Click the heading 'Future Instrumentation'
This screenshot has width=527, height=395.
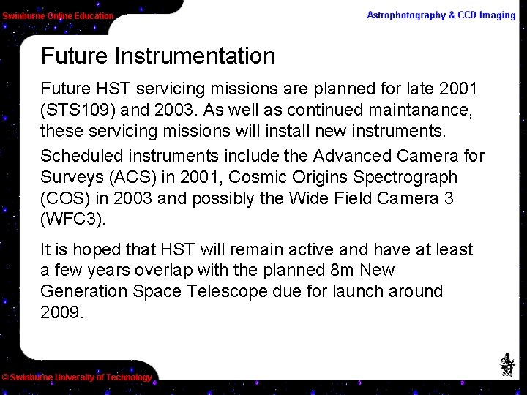(158, 56)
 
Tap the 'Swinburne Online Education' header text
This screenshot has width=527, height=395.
(58, 15)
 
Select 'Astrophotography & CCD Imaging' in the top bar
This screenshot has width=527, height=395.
(441, 15)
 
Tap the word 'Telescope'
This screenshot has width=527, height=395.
(228, 291)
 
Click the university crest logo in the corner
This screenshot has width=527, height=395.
(507, 364)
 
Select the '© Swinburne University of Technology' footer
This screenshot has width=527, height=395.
(77, 377)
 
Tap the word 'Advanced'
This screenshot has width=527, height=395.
(353, 156)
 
